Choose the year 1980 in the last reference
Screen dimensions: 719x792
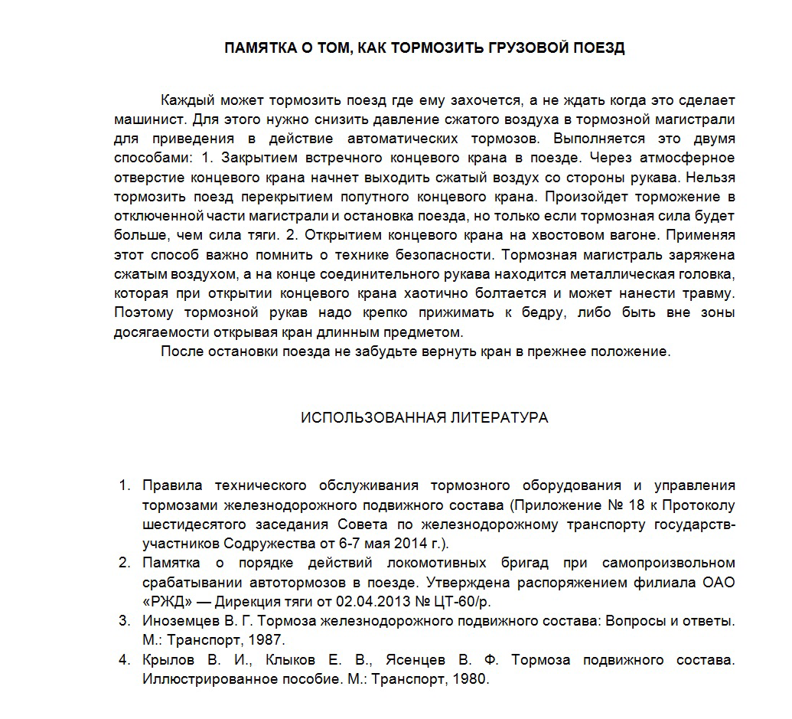pyautogui.click(x=468, y=678)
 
